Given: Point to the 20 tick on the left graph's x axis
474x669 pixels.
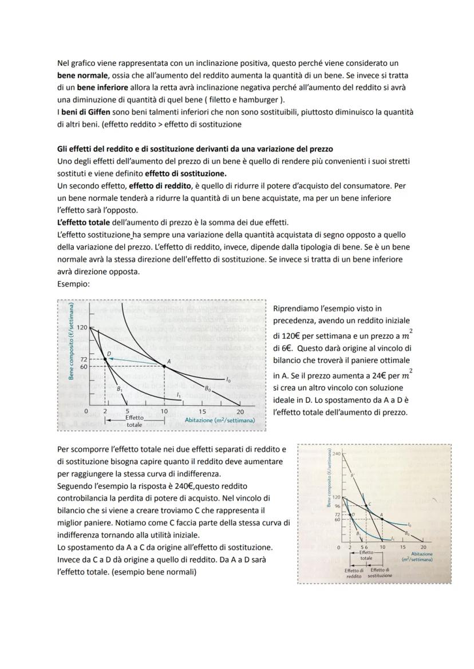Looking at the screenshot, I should (x=240, y=411).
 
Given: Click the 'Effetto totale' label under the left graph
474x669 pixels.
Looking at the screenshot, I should (x=135, y=421).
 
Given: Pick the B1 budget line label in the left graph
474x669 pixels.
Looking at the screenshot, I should (x=120, y=389).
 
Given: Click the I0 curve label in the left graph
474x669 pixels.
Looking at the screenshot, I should (x=228, y=379).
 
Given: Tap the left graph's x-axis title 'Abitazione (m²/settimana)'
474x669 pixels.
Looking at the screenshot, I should (x=220, y=420).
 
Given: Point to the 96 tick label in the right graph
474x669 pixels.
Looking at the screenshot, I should (x=337, y=506).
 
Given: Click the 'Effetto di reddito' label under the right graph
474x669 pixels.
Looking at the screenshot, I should (x=354, y=573).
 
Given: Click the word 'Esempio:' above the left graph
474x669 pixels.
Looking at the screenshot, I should (x=73, y=283).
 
